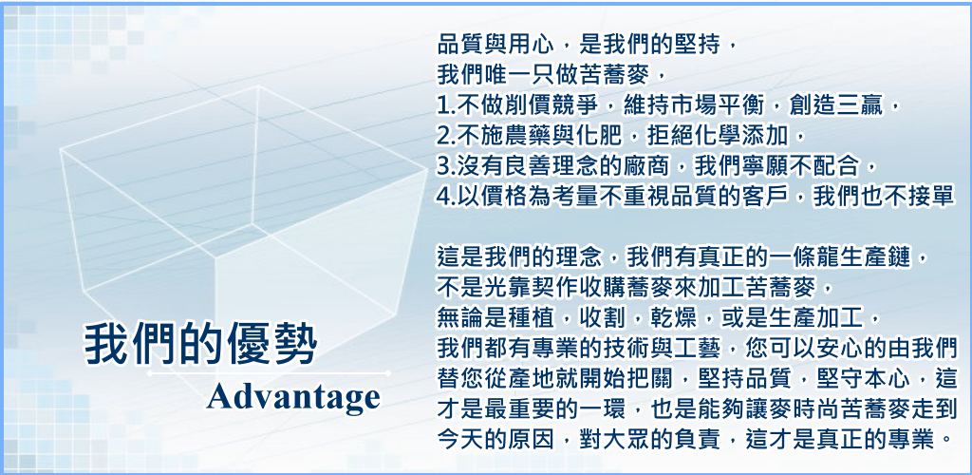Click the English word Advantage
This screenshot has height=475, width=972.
click(x=293, y=398)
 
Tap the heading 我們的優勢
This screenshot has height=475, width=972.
click(x=201, y=343)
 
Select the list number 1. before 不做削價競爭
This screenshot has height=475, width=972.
click(x=446, y=105)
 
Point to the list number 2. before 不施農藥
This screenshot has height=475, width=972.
click(x=446, y=136)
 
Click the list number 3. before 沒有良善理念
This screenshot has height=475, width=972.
click(x=446, y=166)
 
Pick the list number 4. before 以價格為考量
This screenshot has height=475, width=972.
click(x=446, y=196)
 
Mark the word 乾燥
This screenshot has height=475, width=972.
click(x=693, y=318)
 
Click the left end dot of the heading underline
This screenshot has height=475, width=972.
click(x=149, y=373)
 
